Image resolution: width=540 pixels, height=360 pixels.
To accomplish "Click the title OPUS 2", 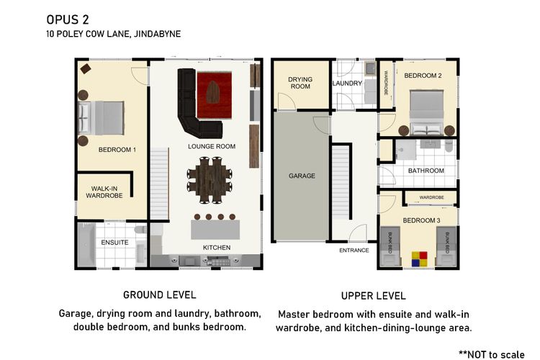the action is pos(68,19).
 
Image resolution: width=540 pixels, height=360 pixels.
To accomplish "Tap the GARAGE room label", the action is pos(302,176).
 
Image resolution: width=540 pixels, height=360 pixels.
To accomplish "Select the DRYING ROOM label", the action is pos(300,83).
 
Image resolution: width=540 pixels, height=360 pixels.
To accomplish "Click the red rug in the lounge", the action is pos(215,95).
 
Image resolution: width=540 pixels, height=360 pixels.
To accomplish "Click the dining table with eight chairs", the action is pos(210,180).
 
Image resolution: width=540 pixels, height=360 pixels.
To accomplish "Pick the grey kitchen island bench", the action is pos(215,230).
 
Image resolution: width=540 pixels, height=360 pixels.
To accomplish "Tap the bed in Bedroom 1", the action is pos(102,118).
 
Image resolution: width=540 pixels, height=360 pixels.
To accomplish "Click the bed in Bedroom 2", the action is pos(426,112).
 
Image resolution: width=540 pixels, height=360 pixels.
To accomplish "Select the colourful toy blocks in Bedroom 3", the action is pos(419,259).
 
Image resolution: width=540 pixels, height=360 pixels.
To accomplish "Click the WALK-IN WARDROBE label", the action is pos(104,192).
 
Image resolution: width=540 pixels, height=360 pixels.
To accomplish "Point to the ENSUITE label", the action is pos(114,243).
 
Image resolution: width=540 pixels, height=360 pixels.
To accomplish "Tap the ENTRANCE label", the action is pos(354,250).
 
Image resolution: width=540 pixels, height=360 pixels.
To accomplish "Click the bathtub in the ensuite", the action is pos(86,245).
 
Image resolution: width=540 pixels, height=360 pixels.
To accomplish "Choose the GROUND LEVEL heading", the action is pos(159,295).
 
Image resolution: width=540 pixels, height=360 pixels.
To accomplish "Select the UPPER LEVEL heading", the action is pos(373,296).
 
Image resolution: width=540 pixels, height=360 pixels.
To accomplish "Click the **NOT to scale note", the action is pos(492,354).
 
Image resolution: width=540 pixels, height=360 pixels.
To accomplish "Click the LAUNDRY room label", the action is pos(347,83).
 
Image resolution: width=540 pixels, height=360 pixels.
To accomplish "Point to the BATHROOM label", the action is pos(426,171).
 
